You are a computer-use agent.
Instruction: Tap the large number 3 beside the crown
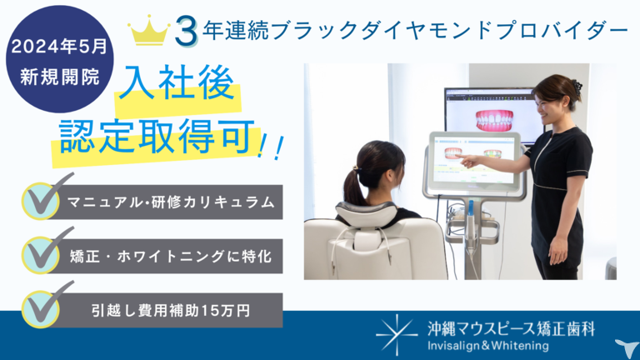(186, 31)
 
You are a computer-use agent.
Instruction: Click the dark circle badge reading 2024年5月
(60, 59)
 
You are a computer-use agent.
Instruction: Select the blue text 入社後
(177, 82)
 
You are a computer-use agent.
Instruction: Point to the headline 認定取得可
(157, 137)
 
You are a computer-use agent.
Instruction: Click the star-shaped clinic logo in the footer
(396, 335)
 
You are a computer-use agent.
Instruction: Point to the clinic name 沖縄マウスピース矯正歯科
(511, 329)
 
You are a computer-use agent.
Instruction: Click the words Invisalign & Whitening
(488, 346)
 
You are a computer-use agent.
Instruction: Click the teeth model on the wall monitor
(494, 120)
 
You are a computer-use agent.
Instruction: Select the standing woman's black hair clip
(577, 87)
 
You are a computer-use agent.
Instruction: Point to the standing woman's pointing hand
(467, 160)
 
